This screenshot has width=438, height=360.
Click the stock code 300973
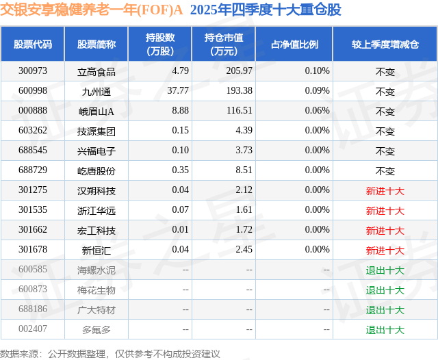[x=33, y=71]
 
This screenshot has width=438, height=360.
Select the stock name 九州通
[x=96, y=91]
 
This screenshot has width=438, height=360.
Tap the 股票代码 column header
[x=33, y=44]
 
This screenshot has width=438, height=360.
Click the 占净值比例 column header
[x=294, y=44]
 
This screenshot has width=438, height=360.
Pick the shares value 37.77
[x=178, y=91]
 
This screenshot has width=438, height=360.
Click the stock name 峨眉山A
[x=96, y=111]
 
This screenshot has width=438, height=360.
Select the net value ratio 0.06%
[x=317, y=111]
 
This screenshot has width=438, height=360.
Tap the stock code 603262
[x=33, y=131]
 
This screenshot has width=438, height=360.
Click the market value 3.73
[x=244, y=151]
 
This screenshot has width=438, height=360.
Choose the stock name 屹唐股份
[x=96, y=170]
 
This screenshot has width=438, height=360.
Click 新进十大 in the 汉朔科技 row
[x=385, y=190]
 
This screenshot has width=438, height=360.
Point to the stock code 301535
[x=33, y=210]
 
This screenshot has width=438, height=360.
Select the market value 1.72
[x=244, y=230]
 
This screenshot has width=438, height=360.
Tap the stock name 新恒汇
[x=96, y=250]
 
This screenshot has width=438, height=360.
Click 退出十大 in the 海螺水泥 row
[x=385, y=270]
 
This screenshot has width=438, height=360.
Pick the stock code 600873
[x=33, y=290]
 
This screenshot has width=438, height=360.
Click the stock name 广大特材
[x=96, y=309]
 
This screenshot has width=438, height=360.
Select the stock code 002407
[x=33, y=329]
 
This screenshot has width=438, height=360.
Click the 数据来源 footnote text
[x=110, y=353]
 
